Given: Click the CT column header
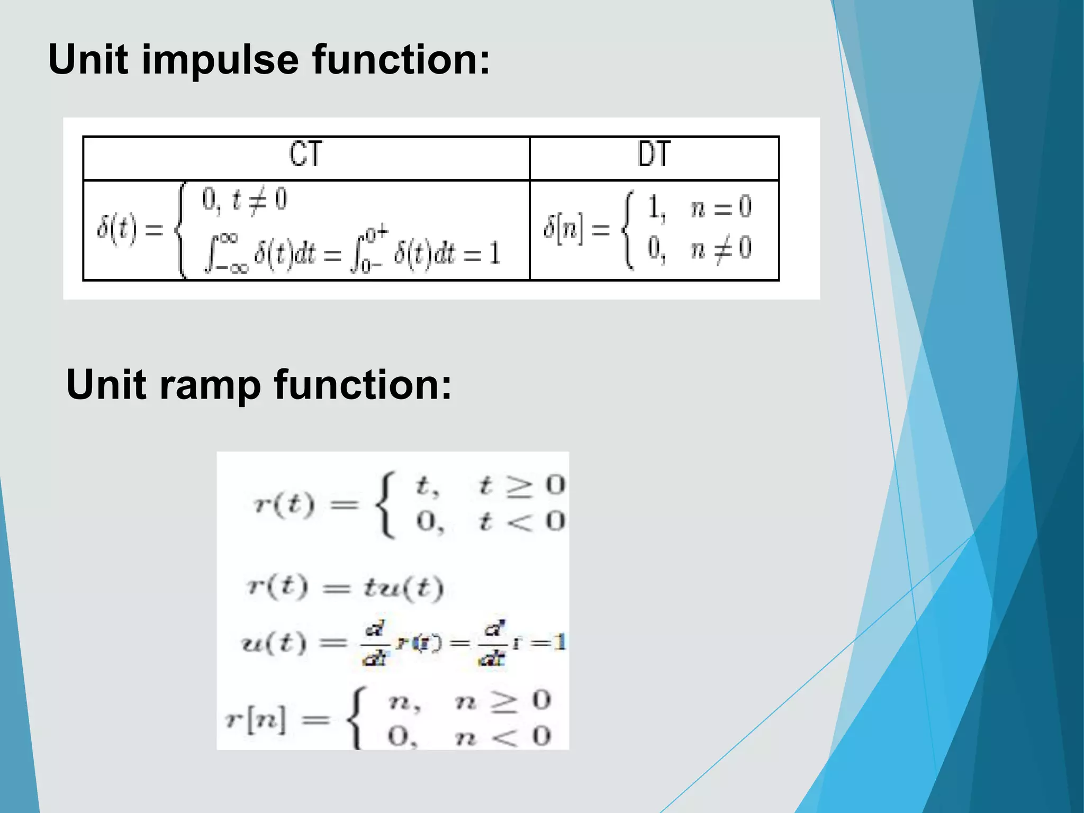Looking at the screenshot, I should click(305, 155).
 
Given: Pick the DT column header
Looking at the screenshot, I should click(654, 154).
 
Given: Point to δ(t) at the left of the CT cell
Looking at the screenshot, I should click(116, 229).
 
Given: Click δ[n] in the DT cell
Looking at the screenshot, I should click(564, 229).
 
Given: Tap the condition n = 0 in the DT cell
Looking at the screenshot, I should click(720, 207).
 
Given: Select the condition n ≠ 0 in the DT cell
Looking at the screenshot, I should click(720, 248).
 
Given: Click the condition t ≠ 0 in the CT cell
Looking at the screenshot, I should click(259, 201).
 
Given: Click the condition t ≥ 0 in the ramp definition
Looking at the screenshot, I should click(521, 485).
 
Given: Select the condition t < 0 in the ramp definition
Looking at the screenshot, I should click(521, 521).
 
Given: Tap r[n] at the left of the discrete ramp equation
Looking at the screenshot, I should click(255, 720).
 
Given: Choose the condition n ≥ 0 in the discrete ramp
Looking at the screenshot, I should click(503, 702).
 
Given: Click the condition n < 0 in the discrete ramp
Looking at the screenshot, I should click(503, 737).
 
